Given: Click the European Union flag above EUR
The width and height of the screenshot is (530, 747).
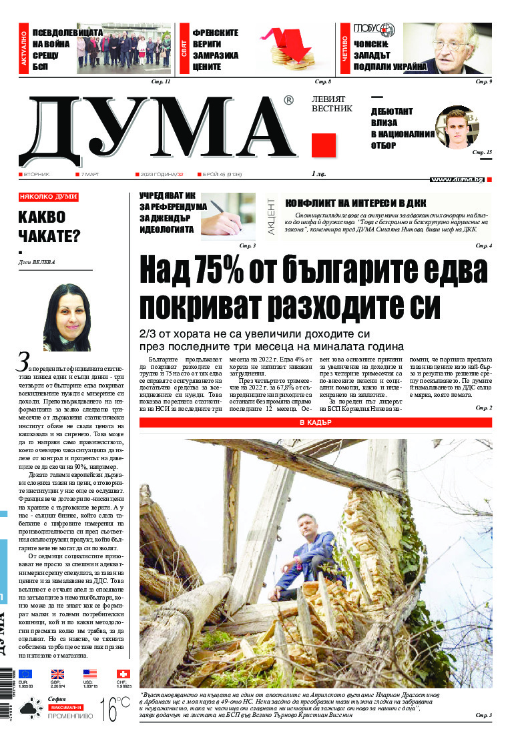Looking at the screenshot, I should (x=25, y=674).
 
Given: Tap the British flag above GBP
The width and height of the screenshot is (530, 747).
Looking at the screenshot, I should (x=58, y=674).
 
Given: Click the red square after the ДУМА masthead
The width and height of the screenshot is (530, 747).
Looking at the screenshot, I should (x=323, y=145).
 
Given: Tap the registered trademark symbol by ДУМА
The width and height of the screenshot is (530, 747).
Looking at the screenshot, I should (x=288, y=100).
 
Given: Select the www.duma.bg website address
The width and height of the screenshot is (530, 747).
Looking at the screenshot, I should (x=457, y=179).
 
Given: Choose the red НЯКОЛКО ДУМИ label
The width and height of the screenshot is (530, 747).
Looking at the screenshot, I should (x=48, y=197).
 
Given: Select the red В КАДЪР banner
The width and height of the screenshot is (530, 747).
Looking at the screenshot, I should (x=315, y=423).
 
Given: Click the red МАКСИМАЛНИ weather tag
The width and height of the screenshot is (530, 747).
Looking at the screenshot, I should (x=65, y=706).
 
